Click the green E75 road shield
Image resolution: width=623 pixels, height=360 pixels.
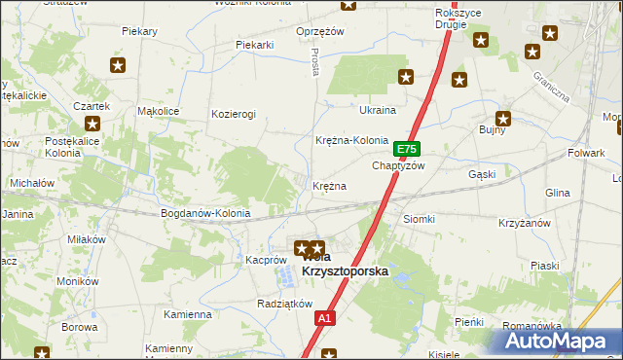(x=407, y=150)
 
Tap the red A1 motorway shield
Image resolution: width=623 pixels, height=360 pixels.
(x=325, y=318)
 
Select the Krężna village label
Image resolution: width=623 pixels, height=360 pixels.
(x=329, y=185)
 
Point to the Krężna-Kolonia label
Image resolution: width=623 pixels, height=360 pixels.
(x=351, y=140)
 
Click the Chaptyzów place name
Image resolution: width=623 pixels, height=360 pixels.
(x=399, y=165)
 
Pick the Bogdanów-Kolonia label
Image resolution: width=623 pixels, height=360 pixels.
(x=205, y=213)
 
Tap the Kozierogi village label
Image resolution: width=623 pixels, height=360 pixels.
(x=234, y=114)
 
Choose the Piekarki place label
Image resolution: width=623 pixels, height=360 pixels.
(x=256, y=45)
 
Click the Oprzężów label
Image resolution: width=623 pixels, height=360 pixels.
(x=321, y=31)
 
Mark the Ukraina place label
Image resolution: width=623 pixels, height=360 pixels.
(x=378, y=110)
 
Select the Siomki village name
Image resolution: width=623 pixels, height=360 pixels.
(x=419, y=219)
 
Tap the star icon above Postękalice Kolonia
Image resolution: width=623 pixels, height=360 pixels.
(x=92, y=124)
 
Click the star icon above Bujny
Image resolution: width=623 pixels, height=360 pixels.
(x=502, y=118)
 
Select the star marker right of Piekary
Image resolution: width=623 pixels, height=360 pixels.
(x=118, y=65)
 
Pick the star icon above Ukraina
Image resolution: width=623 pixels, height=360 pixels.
(x=406, y=77)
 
